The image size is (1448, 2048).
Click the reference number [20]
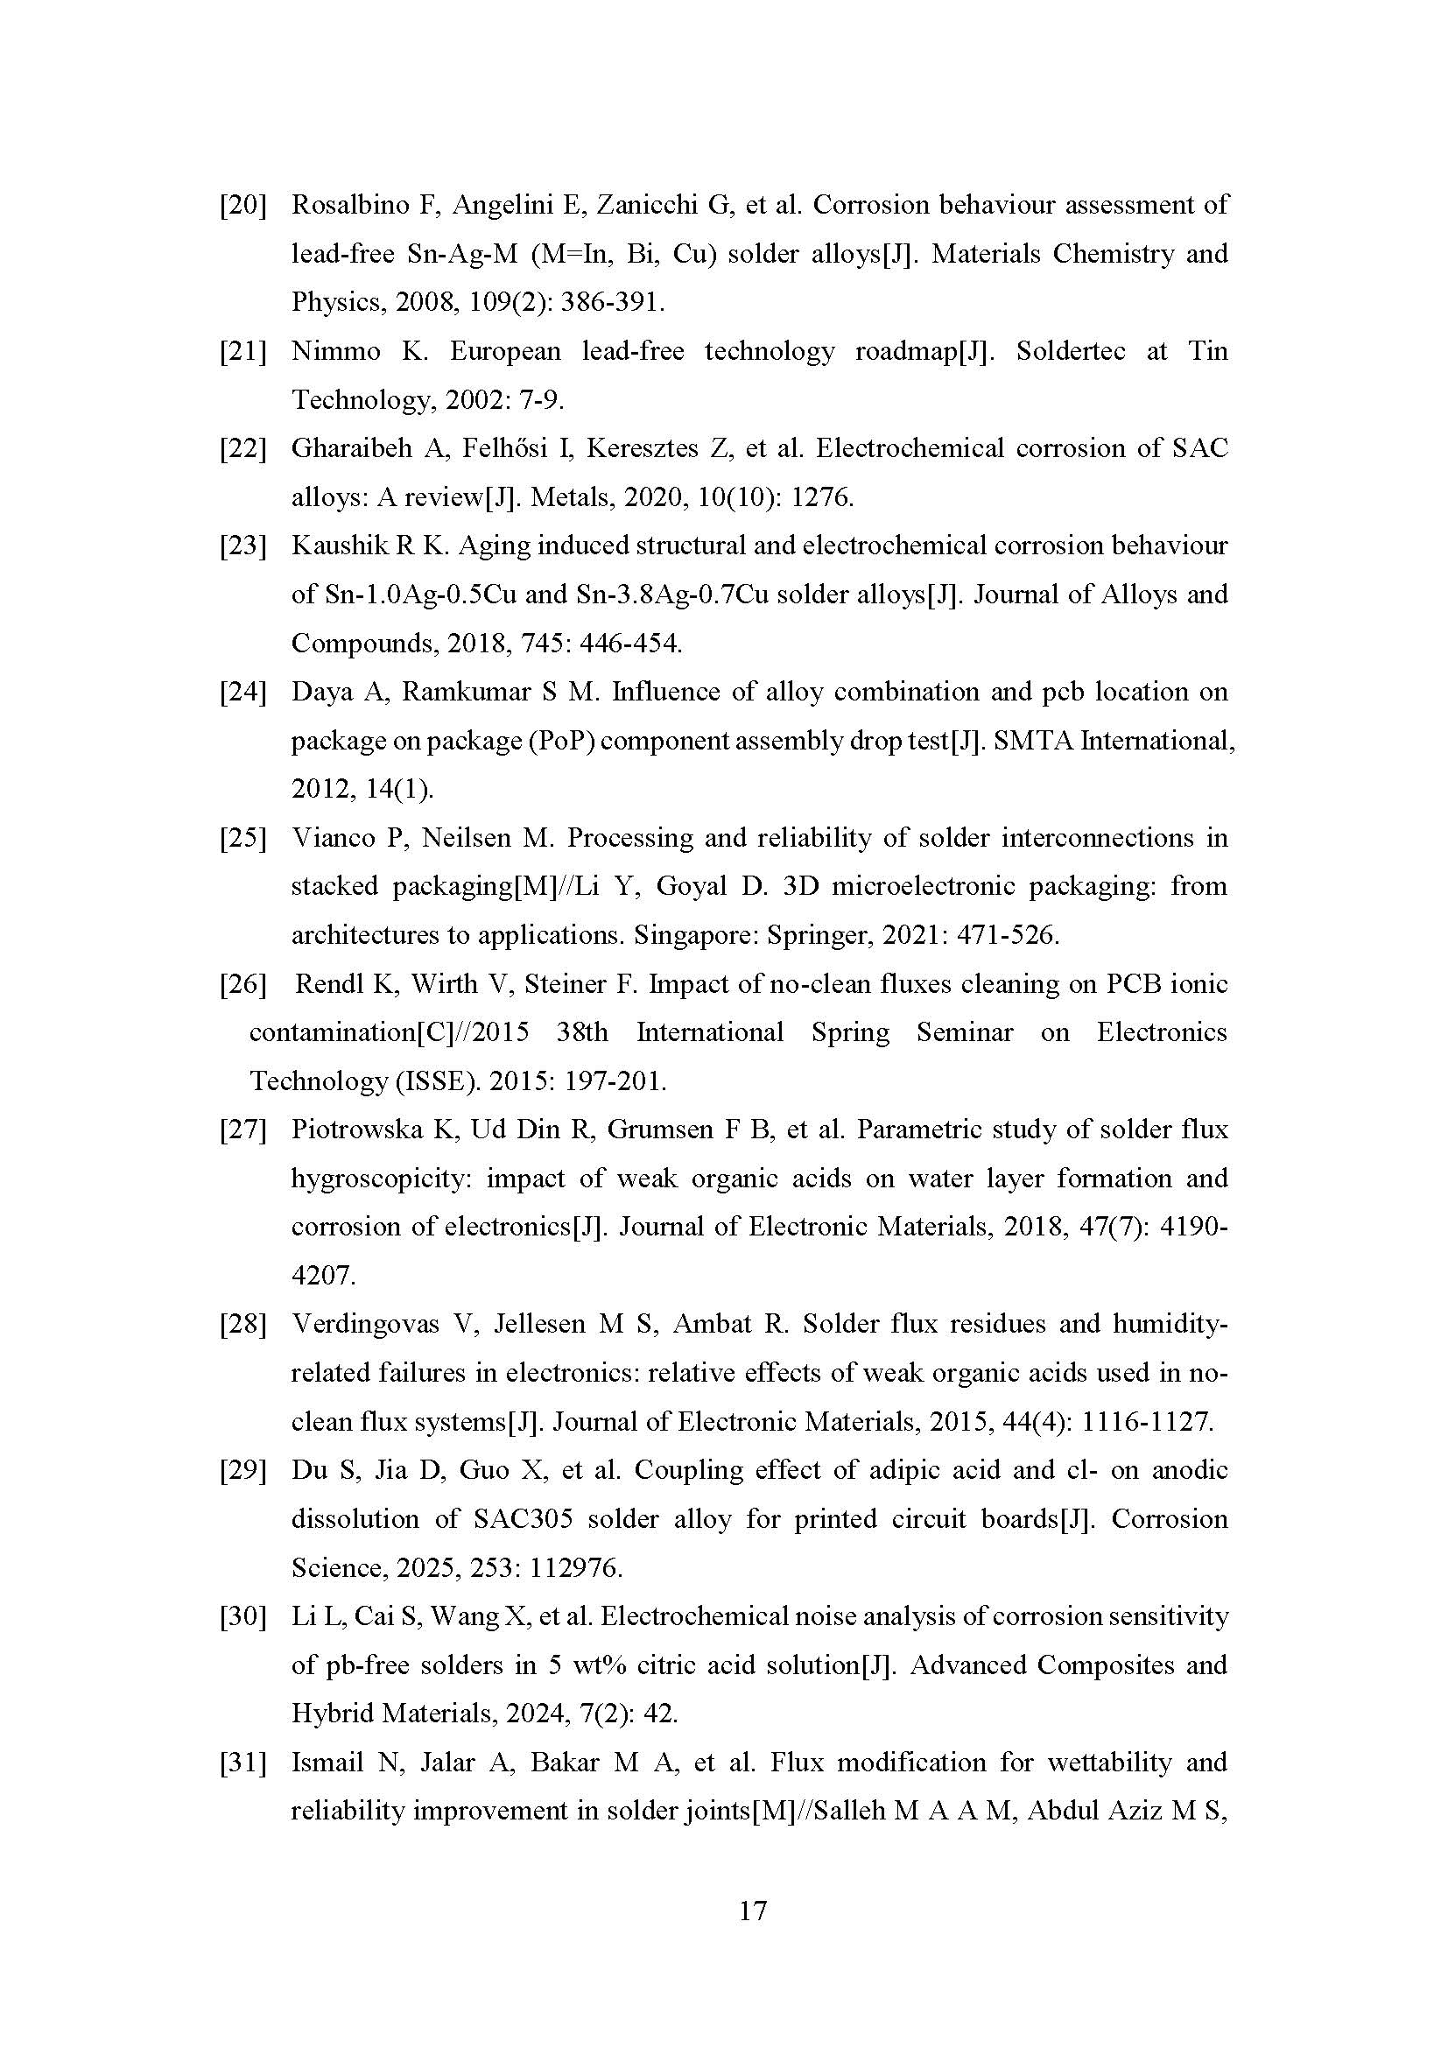point(243,206)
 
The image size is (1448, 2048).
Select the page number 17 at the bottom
point(754,1910)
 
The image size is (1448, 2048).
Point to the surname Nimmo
point(335,351)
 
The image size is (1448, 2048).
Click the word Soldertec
point(1071,351)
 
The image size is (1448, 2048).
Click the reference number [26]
point(243,985)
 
